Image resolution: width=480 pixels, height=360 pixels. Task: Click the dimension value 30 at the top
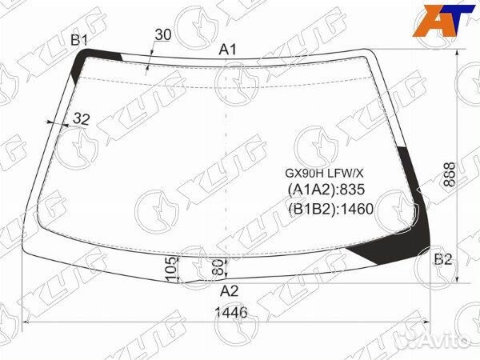(x=163, y=34)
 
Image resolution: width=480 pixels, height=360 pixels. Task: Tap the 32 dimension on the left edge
(x=81, y=118)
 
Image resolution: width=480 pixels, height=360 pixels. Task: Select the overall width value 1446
(x=231, y=313)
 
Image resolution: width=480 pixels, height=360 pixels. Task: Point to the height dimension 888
(x=450, y=174)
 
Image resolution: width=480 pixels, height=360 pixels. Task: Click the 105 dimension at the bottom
(x=172, y=270)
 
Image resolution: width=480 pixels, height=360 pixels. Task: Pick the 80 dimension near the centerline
(x=218, y=267)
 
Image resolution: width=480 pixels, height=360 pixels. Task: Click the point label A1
(x=228, y=50)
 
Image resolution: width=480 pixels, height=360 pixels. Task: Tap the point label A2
(x=229, y=291)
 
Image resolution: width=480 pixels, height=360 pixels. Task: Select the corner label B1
(x=79, y=40)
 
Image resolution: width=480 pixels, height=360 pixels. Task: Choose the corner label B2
(x=443, y=259)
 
